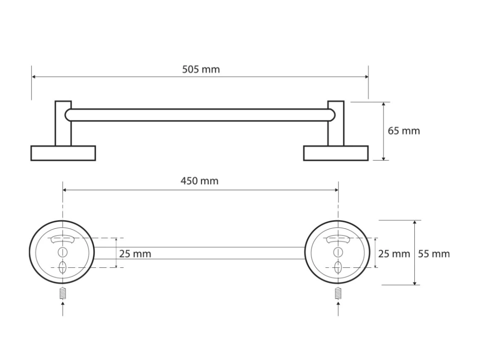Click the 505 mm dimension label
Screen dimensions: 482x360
(201, 69)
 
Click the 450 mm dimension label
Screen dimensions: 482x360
(200, 181)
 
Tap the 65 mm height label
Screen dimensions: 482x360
(404, 131)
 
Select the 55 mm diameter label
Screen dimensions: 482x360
(434, 254)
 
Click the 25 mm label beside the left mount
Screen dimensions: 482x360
(135, 254)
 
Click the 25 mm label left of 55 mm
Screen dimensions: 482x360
(394, 254)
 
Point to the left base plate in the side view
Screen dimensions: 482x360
(63, 153)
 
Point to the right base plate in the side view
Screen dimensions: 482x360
(336, 153)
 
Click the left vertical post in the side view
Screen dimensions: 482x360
(63, 123)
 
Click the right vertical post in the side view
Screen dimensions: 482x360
(336, 123)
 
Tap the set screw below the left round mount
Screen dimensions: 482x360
(63, 293)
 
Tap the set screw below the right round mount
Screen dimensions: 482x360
(338, 293)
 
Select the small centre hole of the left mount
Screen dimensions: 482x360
(63, 252)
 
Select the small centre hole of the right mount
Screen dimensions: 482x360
(338, 252)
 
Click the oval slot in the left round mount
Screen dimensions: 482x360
(63, 268)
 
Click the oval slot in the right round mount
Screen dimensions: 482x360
(338, 268)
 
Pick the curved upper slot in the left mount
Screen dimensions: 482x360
(63, 239)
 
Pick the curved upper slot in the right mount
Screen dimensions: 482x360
(338, 239)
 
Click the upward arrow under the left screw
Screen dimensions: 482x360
(63, 309)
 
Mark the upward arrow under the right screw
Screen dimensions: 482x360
(338, 309)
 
